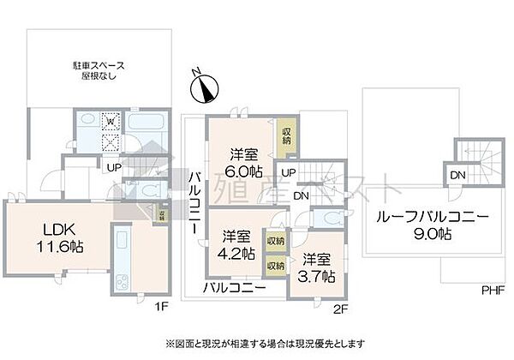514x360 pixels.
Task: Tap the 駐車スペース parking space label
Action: tap(96, 70)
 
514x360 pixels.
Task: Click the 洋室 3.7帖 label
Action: tap(317, 267)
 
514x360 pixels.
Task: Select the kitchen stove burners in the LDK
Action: tap(119, 279)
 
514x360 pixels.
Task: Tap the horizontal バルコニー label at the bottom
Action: tap(233, 288)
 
